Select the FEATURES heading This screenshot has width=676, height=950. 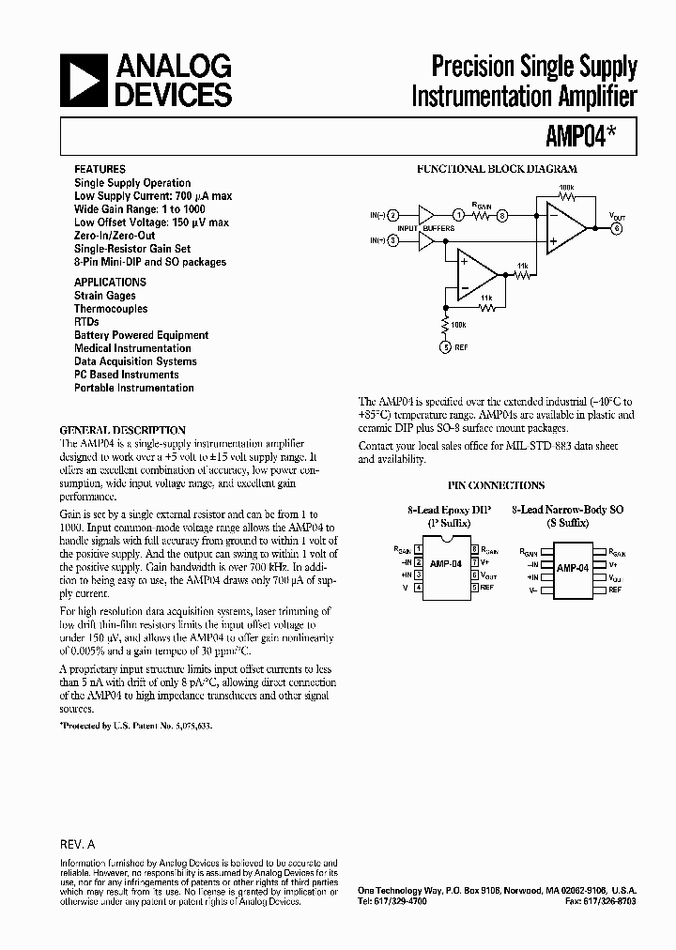tap(99, 169)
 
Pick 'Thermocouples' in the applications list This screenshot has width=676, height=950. tap(111, 309)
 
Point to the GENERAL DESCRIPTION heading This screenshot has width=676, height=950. tap(122, 429)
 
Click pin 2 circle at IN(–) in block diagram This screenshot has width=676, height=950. tap(394, 215)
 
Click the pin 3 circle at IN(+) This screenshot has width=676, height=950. tap(394, 241)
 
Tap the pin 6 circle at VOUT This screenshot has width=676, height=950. tap(616, 227)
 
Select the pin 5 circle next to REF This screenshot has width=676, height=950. tap(447, 347)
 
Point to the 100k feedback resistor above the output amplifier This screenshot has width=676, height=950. tap(565, 196)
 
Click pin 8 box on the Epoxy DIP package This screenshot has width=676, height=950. tap(476, 549)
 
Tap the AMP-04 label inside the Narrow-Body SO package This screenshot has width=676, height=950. tap(572, 568)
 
